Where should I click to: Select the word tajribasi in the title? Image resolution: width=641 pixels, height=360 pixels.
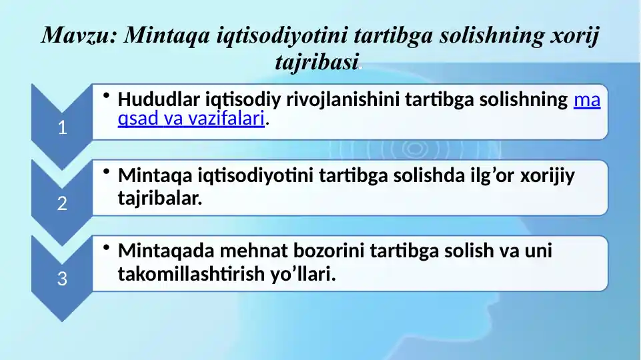click(x=317, y=62)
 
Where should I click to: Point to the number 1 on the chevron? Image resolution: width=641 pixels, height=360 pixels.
click(x=62, y=129)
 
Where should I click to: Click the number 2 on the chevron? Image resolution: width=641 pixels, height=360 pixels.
click(x=62, y=204)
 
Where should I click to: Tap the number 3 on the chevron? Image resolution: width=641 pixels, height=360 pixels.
click(x=62, y=279)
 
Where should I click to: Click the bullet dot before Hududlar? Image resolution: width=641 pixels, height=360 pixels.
click(x=107, y=97)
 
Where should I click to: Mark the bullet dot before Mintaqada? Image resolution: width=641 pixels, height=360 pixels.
click(x=107, y=249)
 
